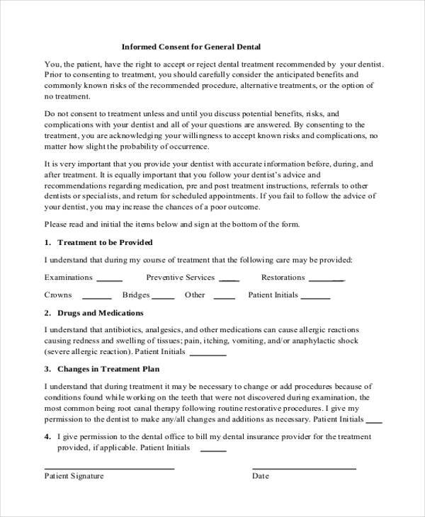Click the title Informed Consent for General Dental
[x=191, y=47]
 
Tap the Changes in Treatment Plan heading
[x=108, y=369]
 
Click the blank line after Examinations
[x=109, y=280]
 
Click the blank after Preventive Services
[x=229, y=280]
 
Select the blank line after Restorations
[x=327, y=280]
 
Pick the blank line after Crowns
[x=97, y=298]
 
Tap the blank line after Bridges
[x=163, y=298]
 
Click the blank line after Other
[x=224, y=298]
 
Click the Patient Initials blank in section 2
[x=208, y=354]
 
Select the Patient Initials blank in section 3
[x=373, y=421]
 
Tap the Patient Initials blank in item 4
[x=213, y=451]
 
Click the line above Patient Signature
[x=109, y=468]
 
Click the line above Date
[x=305, y=468]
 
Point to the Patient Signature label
[x=74, y=476]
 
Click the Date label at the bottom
[x=261, y=476]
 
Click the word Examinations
[x=68, y=277]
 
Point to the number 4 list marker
[x=47, y=437]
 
